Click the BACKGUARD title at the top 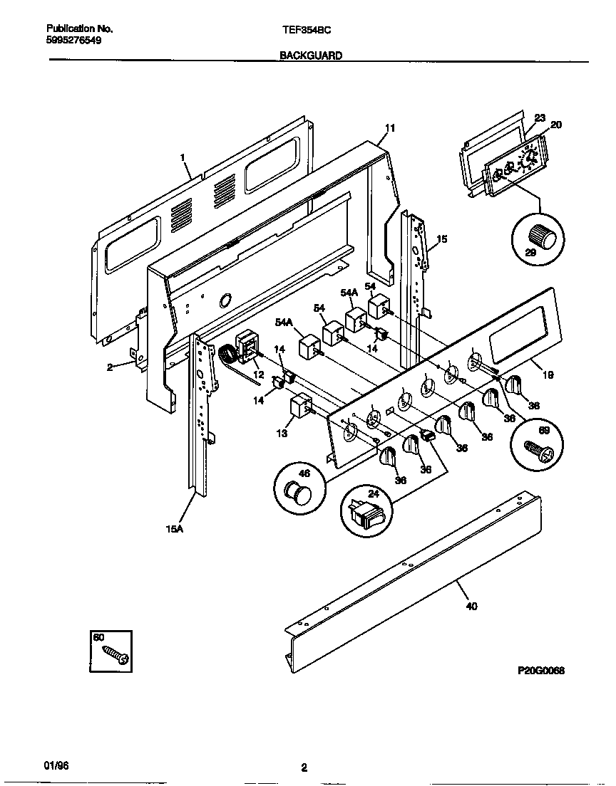[310, 54]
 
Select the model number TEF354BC [307, 29]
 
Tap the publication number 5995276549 [73, 41]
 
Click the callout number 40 [471, 606]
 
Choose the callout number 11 [389, 128]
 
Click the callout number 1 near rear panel [183, 157]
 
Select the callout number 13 [282, 432]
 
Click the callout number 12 [258, 375]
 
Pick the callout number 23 [539, 118]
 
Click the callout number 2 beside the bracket [110, 367]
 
